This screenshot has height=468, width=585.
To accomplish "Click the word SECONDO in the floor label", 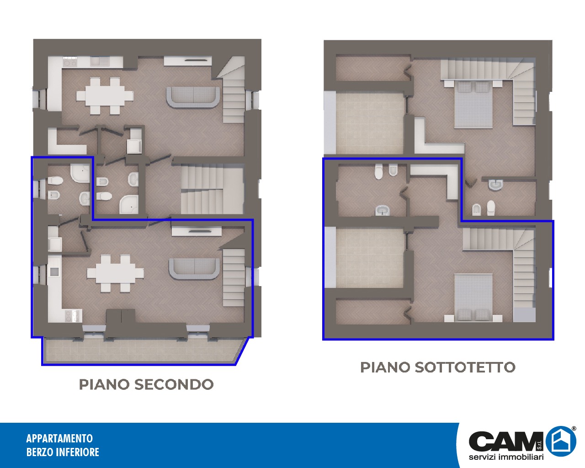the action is tap(174, 384).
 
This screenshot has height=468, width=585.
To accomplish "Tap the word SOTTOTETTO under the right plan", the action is tap(465, 367).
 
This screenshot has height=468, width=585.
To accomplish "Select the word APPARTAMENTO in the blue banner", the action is tap(59, 438).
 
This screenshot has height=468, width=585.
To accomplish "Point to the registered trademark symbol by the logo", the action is tap(574, 429).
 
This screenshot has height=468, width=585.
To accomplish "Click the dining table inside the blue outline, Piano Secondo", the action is tap(116, 273).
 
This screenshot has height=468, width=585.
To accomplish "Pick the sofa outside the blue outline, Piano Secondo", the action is tap(193, 97).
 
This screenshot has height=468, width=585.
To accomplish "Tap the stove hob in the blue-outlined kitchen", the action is tap(73, 316).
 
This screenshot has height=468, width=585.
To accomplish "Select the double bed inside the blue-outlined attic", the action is tap(473, 298).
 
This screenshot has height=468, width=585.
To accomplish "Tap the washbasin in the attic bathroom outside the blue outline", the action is tap(496, 184).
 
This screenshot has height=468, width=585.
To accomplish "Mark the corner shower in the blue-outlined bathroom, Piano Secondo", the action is tap(80, 172).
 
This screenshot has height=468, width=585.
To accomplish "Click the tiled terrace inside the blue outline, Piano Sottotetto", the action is tap(370, 257).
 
